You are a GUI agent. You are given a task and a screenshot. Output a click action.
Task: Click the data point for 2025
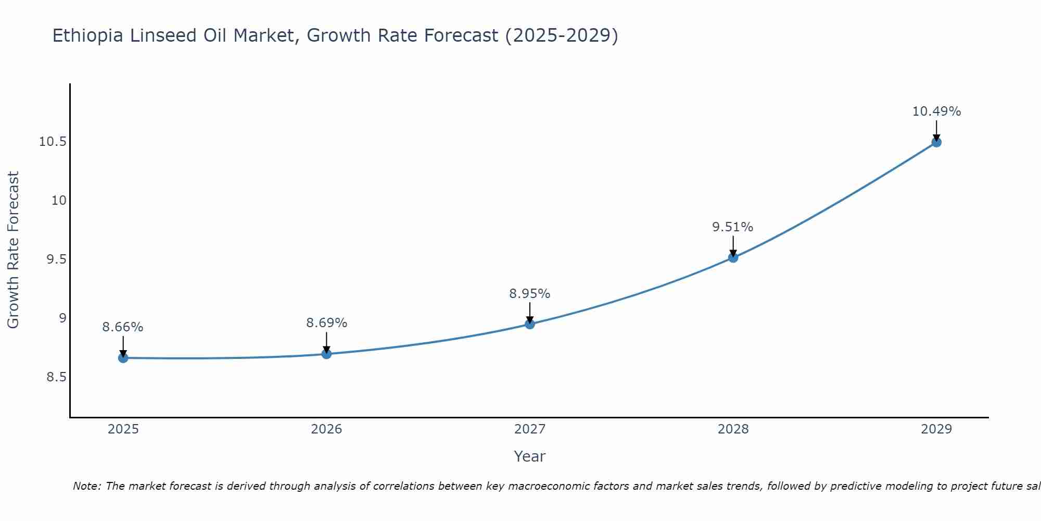[123, 358]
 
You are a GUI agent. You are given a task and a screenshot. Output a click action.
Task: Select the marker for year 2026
[326, 354]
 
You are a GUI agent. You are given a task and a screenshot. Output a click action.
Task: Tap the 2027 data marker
[530, 324]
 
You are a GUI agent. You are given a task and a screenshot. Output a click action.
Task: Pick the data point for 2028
[733, 257]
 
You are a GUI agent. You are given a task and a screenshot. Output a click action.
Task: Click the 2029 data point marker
[936, 142]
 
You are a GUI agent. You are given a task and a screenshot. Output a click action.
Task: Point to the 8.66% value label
[123, 327]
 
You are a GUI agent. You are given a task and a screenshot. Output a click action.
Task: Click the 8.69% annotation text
[326, 323]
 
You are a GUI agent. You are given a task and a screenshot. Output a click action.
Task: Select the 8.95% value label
[530, 294]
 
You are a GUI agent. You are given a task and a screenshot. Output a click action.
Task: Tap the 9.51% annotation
[733, 227]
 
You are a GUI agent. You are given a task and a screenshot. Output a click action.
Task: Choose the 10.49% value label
[936, 111]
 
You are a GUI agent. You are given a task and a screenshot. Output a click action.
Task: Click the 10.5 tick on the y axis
[53, 142]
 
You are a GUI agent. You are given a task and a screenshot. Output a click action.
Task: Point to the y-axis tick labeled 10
[59, 201]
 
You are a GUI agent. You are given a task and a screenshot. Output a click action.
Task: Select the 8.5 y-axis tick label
[56, 377]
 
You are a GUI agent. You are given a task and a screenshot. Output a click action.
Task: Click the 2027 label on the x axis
[530, 429]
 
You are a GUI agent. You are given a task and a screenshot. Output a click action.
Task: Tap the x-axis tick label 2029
[936, 429]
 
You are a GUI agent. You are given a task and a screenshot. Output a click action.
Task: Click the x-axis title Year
[530, 456]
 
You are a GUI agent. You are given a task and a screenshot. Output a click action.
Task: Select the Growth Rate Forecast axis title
[14, 250]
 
